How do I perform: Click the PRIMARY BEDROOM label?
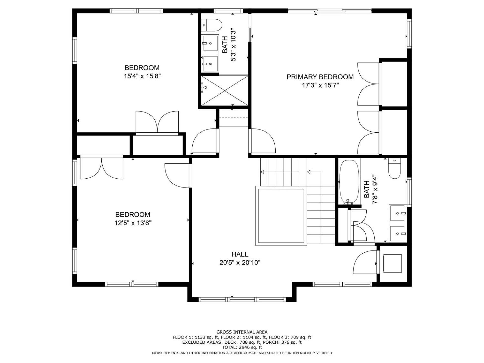tap(320, 77)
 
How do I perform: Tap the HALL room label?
tap(240, 254)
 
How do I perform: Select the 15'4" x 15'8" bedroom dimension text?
tap(142, 76)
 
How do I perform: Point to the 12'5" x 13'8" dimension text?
tap(133, 223)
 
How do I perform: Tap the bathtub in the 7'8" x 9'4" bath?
tap(349, 182)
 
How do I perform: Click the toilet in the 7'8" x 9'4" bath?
tap(395, 169)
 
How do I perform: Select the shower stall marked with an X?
tap(224, 90)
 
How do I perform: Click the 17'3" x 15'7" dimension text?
tap(320, 85)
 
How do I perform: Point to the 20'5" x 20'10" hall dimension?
tap(240, 263)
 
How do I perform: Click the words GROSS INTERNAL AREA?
tap(242, 332)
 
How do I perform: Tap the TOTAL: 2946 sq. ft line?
tap(242, 347)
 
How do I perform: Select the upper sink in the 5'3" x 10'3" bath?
tap(210, 43)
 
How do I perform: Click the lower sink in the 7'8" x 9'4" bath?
tap(398, 234)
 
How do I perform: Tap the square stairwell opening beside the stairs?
tap(281, 216)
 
